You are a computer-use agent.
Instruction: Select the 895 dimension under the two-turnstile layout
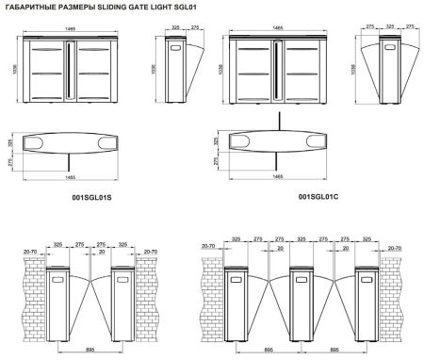tap(90, 347)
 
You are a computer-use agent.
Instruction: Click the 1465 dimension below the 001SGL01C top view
tap(277, 176)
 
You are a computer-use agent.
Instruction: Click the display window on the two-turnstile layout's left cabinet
tap(57, 276)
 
